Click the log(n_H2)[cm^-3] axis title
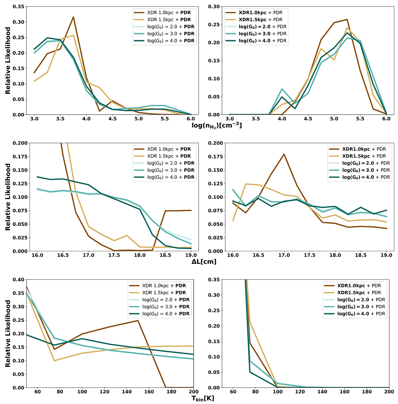click(217, 125)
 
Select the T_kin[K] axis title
click(203, 398)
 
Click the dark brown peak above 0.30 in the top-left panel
click(73, 17)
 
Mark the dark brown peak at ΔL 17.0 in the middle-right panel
click(284, 154)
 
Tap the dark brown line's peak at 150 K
click(138, 320)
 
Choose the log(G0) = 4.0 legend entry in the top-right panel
click(262, 41)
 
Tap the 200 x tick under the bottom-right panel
click(389, 392)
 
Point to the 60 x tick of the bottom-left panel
click(37, 392)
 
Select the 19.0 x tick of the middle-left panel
click(191, 255)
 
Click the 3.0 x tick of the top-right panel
click(229, 119)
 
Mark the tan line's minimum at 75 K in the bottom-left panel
click(54, 361)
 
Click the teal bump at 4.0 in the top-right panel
click(282, 89)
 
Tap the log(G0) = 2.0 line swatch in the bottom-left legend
click(133, 300)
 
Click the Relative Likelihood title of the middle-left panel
click(8, 197)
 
